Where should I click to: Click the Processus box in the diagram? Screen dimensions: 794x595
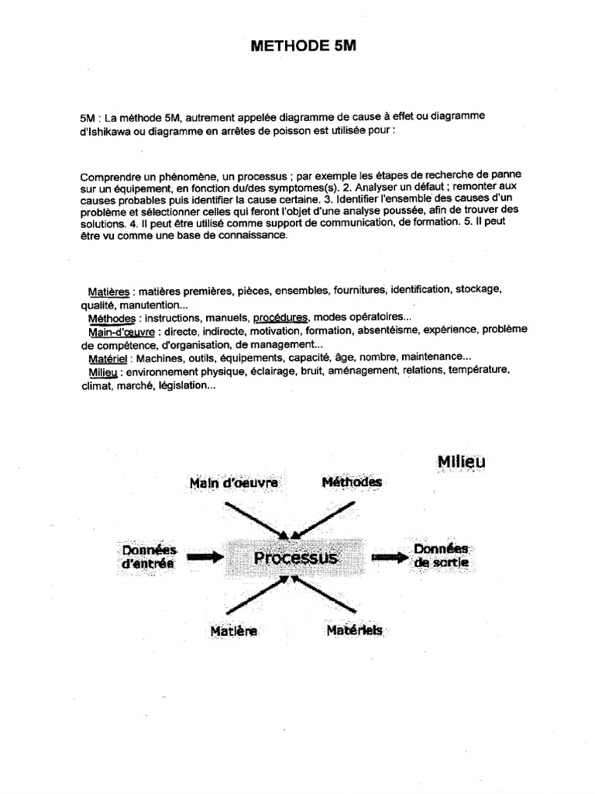pos(297,558)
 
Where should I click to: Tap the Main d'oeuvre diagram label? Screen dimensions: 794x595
pos(233,483)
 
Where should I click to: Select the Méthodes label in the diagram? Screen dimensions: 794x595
pos(352,482)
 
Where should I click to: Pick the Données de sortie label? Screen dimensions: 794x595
pos(441,556)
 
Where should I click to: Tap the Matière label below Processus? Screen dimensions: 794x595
pos(233,631)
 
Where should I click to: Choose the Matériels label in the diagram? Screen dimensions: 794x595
pos(354,631)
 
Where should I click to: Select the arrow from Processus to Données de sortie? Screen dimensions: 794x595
pos(388,557)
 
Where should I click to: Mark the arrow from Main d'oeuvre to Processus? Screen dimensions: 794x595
pos(256,518)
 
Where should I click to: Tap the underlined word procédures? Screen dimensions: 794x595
pos(280,318)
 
